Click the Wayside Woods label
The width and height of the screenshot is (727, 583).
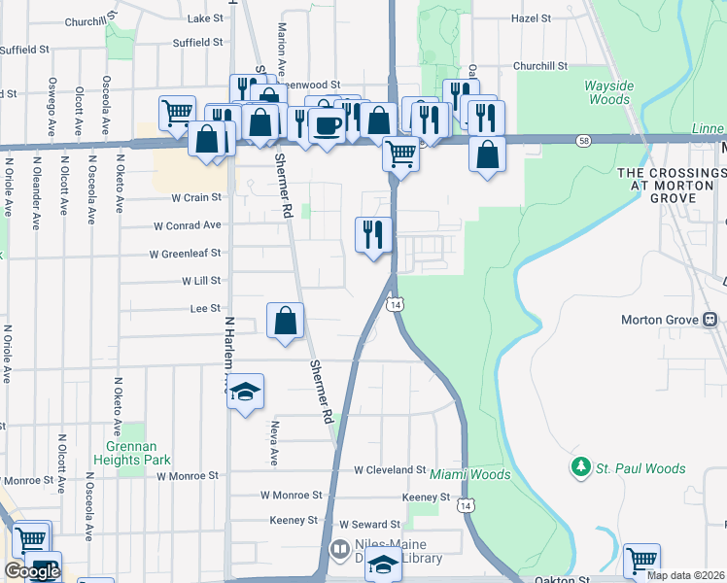(609, 92)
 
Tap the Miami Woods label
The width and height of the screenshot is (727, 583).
(470, 474)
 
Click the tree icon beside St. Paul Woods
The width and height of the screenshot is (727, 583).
(581, 468)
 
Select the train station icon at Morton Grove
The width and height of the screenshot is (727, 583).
(710, 320)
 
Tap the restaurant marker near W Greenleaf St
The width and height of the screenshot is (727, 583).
(374, 235)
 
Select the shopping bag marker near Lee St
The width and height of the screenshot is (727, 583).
(285, 321)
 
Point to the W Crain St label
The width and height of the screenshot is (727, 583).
(196, 197)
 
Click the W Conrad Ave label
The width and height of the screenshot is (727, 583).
(188, 224)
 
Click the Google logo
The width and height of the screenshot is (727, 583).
(31, 571)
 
